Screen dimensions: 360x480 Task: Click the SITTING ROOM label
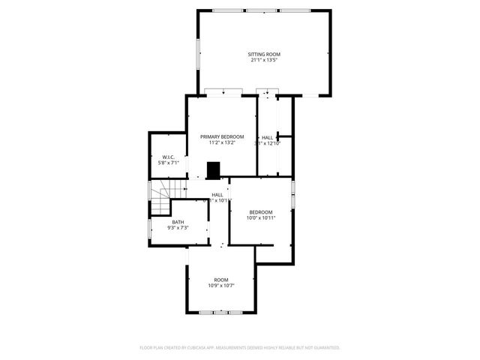point(264,54)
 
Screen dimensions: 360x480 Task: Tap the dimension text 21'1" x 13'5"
point(264,60)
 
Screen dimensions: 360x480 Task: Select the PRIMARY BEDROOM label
point(222,136)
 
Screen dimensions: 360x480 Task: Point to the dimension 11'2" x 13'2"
point(222,142)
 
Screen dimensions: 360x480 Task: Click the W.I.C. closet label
point(168,157)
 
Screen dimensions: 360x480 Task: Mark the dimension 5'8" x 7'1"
point(168,163)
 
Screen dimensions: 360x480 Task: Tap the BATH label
point(178,221)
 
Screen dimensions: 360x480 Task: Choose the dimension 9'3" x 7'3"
point(178,227)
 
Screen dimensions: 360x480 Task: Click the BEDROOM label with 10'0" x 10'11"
point(261,211)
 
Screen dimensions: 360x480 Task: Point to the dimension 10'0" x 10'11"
point(261,217)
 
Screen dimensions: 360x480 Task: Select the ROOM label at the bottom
point(221,280)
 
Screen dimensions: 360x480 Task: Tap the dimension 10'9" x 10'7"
point(221,286)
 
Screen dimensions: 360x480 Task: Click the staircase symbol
point(161,198)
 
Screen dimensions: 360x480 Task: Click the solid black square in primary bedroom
point(214,172)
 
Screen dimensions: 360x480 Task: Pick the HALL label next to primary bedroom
point(268,137)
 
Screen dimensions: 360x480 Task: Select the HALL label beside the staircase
point(217,194)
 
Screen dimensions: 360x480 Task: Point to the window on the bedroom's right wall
point(293,193)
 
